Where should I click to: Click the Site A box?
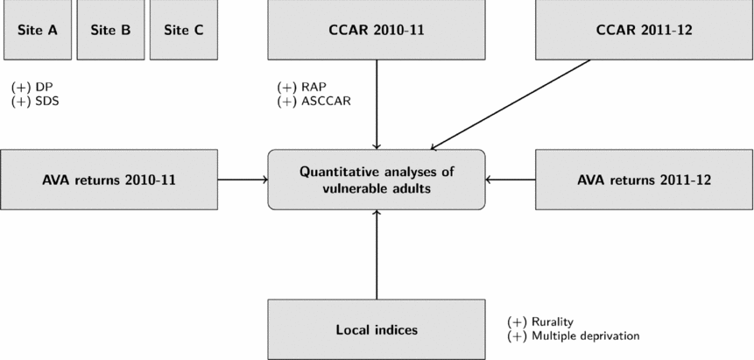pos(37,29)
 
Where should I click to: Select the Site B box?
pos(110,29)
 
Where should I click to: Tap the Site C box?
pos(184,29)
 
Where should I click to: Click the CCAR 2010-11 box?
pos(376,29)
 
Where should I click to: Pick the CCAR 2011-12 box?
pos(644,29)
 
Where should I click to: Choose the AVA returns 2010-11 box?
pos(109,180)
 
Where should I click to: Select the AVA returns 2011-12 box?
pos(644,180)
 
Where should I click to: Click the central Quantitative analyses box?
pos(376,180)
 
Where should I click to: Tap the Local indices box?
pos(376,330)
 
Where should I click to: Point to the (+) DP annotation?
pos(33,88)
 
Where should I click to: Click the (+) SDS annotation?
pos(36,101)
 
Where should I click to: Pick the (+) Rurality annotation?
pos(540,322)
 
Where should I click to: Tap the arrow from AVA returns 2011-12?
pos(511,180)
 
